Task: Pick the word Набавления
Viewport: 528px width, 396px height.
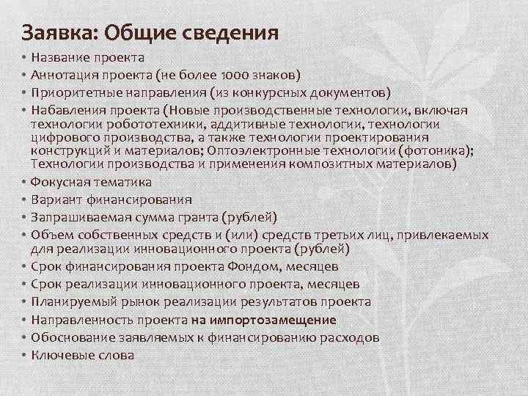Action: pos(66,109)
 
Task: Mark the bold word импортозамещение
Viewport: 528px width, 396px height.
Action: pos(263,320)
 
